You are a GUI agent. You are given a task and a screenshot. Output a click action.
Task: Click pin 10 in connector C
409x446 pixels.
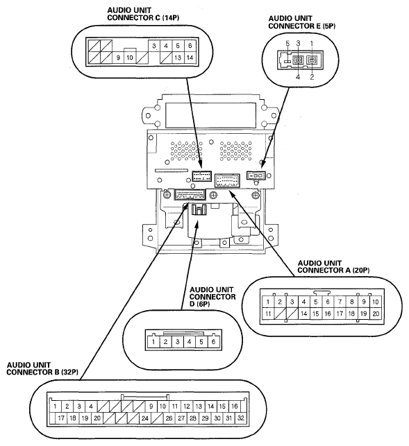click(x=130, y=58)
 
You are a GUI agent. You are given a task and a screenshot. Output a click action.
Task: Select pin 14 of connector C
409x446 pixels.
click(x=190, y=58)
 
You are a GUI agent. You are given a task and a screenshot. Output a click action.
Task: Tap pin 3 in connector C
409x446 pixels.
click(x=154, y=46)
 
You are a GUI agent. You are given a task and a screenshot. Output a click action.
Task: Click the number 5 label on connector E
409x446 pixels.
click(x=287, y=44)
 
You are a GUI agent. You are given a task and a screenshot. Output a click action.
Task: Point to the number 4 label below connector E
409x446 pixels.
click(x=298, y=77)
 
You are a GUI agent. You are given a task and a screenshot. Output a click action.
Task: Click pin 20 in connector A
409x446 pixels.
click(x=376, y=314)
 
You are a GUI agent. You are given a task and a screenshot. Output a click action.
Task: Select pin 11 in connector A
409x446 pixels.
click(x=268, y=314)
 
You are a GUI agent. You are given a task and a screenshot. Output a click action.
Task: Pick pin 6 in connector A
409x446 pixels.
click(x=328, y=302)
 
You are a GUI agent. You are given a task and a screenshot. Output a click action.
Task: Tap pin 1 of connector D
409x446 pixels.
click(x=153, y=341)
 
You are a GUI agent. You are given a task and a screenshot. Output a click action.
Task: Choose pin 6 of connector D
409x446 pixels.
click(x=213, y=341)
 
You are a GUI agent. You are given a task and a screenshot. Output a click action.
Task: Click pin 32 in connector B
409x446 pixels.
click(x=241, y=418)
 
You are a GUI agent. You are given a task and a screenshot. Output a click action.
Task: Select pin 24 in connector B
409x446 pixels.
click(x=145, y=418)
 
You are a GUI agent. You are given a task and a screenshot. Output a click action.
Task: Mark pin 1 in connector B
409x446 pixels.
click(x=55, y=406)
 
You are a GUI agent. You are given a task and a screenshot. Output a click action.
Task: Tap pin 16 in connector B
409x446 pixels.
click(x=235, y=406)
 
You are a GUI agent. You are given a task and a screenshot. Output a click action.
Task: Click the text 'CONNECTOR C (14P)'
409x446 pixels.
click(x=143, y=17)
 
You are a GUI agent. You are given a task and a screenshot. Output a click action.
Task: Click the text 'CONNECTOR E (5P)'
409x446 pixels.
click(x=302, y=26)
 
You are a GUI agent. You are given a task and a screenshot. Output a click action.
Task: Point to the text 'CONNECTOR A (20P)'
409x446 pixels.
click(x=333, y=271)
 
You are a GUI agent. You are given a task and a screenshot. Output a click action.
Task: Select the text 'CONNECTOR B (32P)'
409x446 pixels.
click(x=42, y=372)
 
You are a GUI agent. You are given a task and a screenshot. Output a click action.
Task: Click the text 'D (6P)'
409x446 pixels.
click(x=200, y=304)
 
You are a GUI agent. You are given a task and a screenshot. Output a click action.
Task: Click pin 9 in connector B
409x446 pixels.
click(x=151, y=406)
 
